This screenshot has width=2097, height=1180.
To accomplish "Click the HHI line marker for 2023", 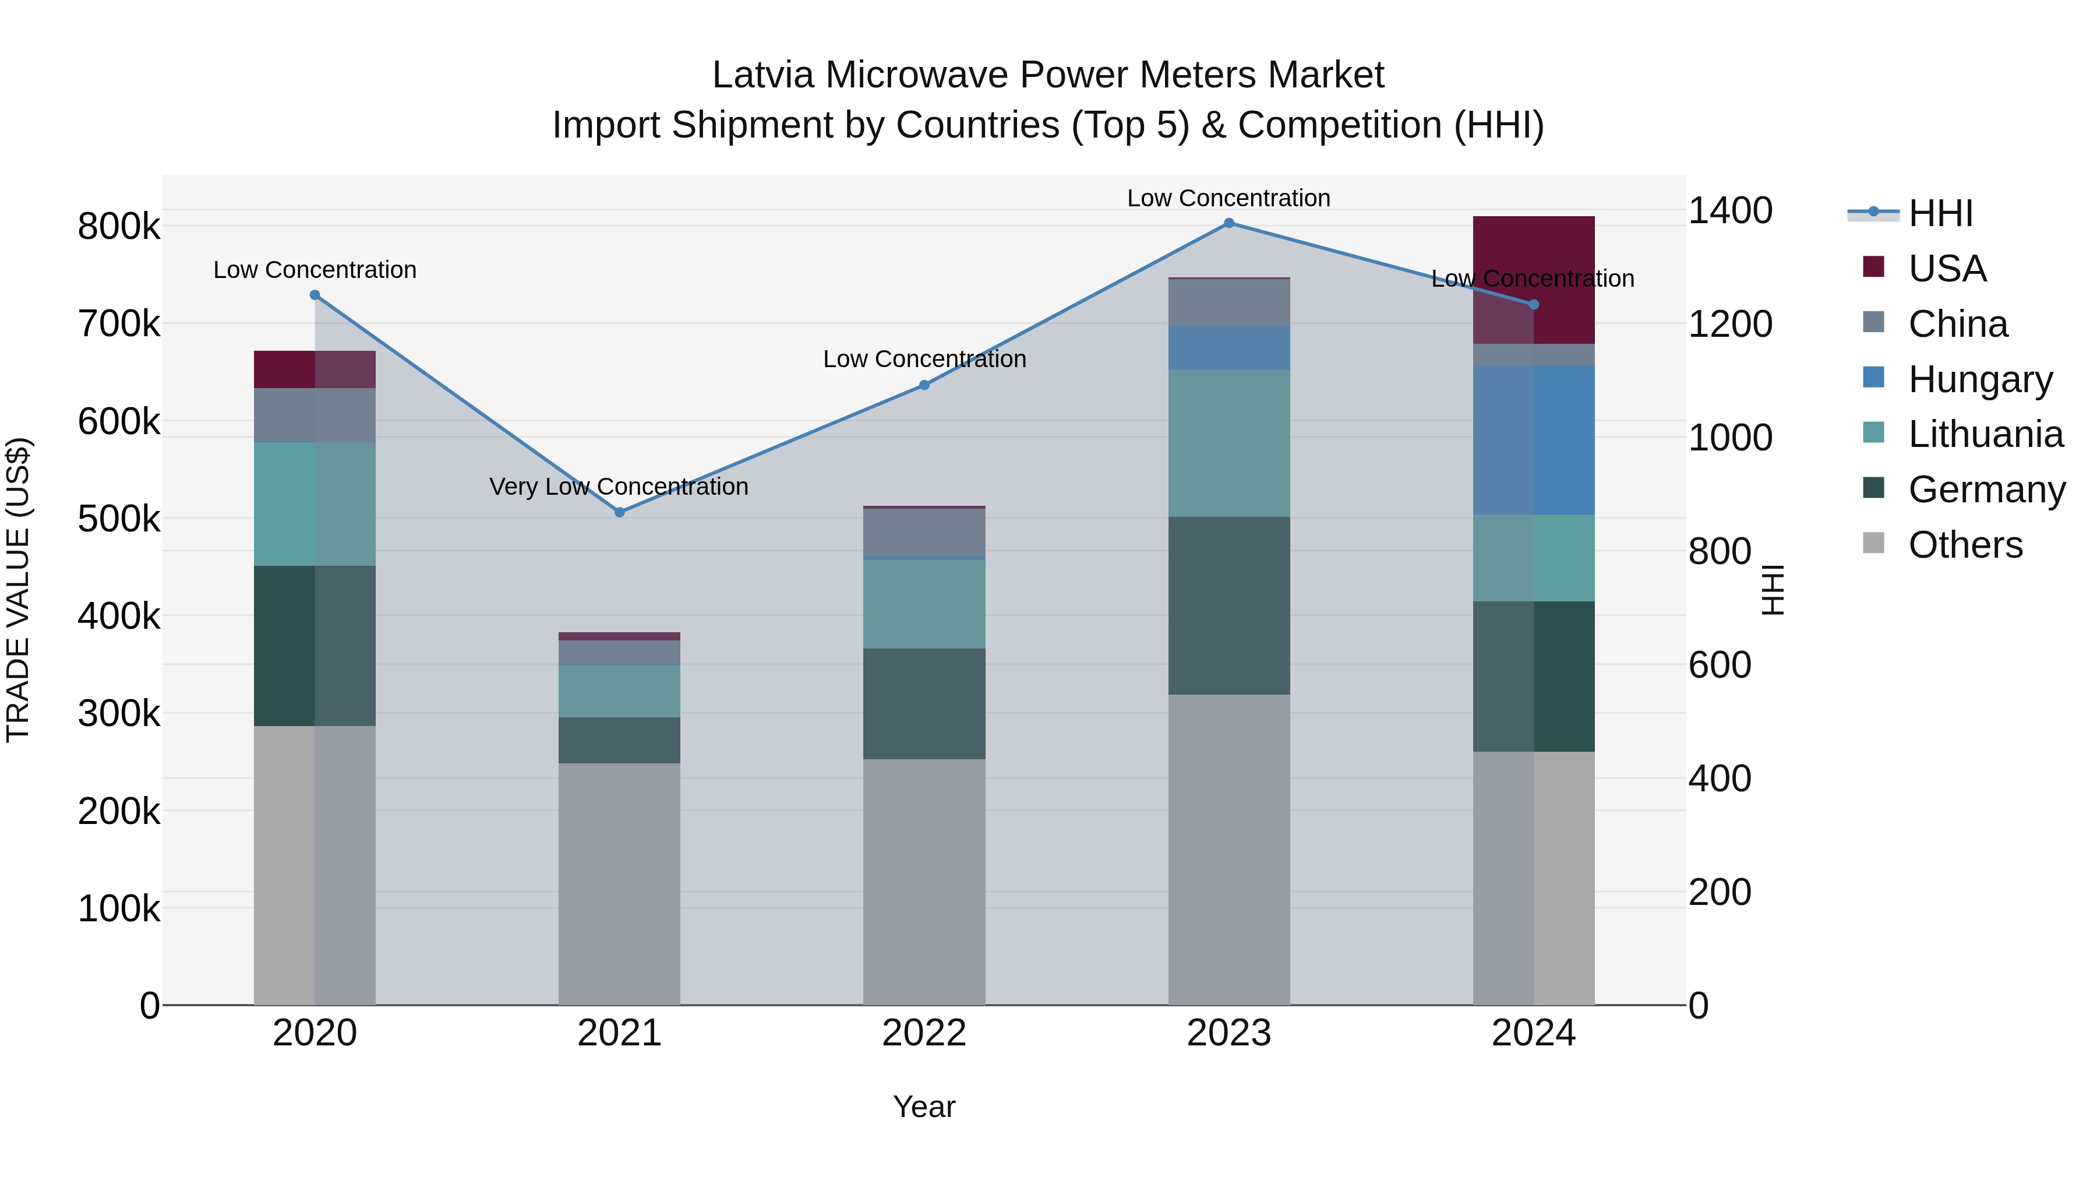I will tap(1229, 223).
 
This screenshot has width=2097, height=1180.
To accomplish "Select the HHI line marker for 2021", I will tap(620, 512).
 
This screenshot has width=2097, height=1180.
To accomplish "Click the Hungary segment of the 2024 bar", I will tap(1534, 440).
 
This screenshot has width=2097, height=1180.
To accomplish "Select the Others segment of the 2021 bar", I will tap(620, 883).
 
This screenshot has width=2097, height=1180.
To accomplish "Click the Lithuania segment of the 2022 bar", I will tap(924, 604).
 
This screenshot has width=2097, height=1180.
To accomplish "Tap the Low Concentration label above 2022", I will tap(924, 359).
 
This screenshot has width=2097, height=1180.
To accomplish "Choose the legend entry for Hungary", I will tap(1980, 379).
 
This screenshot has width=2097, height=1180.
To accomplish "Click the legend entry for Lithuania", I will tap(1985, 435).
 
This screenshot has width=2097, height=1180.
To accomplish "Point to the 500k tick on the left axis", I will tap(119, 519).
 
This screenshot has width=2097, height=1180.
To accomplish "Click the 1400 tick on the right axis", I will tap(1730, 211).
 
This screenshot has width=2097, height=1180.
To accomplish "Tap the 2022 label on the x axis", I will tap(924, 1033).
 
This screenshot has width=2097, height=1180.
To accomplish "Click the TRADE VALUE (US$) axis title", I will tap(19, 590).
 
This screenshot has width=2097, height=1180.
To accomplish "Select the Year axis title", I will tap(924, 1107).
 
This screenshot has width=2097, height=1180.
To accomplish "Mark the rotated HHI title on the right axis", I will tap(1771, 590).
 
